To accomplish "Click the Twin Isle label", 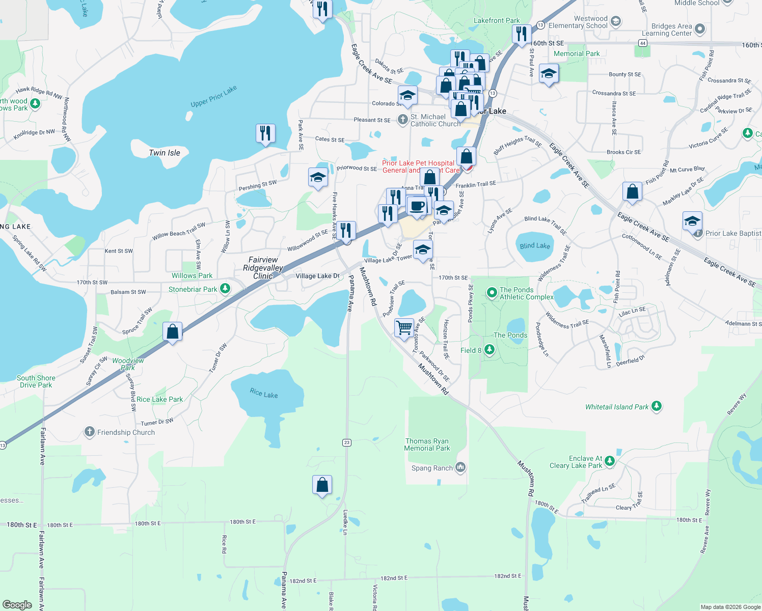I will [165, 153].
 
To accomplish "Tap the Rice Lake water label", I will [264, 393].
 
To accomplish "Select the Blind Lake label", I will [535, 245].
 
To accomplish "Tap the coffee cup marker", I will [417, 206].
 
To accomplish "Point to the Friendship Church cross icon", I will [90, 432].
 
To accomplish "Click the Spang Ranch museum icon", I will [460, 467].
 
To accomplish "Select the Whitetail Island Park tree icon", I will [657, 406].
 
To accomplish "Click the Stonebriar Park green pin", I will [225, 289].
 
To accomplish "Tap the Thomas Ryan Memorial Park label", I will [427, 445].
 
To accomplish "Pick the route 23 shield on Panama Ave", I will [347, 442].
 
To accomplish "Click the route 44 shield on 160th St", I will [643, 43].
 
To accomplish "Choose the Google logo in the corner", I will [17, 604].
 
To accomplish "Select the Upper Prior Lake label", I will [214, 97].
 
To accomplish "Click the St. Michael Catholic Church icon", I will [402, 120].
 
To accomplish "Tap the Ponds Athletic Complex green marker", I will [492, 292].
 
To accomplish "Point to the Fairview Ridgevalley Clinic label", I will [263, 268].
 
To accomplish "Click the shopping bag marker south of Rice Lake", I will [322, 485].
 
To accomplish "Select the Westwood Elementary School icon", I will [616, 21].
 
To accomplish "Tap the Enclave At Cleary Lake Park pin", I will [610, 461].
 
